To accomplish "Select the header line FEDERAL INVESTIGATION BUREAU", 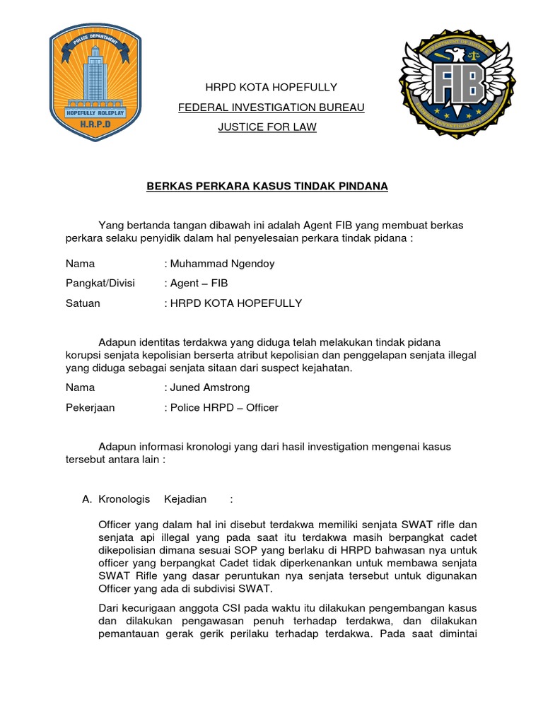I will tap(271, 107).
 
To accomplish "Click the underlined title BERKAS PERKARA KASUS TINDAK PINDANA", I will tap(267, 187).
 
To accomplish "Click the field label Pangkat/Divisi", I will tap(100, 284).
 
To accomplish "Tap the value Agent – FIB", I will tap(199, 284).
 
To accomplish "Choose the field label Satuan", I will tap(83, 303).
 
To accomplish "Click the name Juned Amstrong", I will tap(209, 387).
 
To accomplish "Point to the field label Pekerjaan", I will tap(90, 408).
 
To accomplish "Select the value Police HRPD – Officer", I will tap(223, 408).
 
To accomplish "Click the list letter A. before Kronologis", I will tap(88, 499).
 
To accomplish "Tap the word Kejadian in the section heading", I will tap(185, 499).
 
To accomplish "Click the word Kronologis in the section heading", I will tap(124, 499).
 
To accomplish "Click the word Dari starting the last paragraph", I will tap(110, 609).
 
